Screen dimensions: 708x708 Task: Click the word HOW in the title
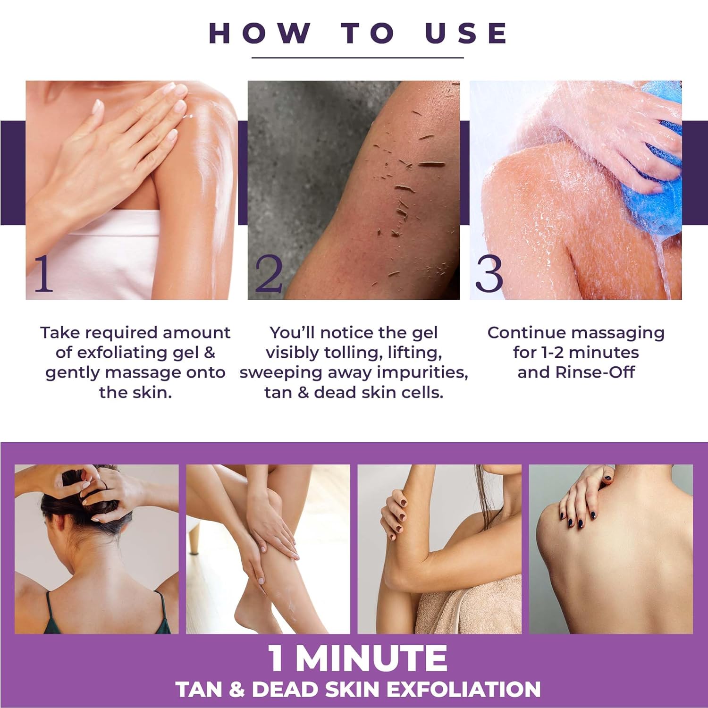[259, 33]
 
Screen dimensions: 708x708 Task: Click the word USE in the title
[466, 33]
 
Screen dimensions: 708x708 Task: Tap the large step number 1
[43, 274]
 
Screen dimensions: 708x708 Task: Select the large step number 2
[268, 274]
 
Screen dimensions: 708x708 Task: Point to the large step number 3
[489, 274]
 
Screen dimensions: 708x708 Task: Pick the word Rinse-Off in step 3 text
[595, 372]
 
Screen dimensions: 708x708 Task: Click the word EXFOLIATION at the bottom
[464, 690]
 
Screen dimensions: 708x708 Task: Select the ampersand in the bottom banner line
[236, 690]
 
